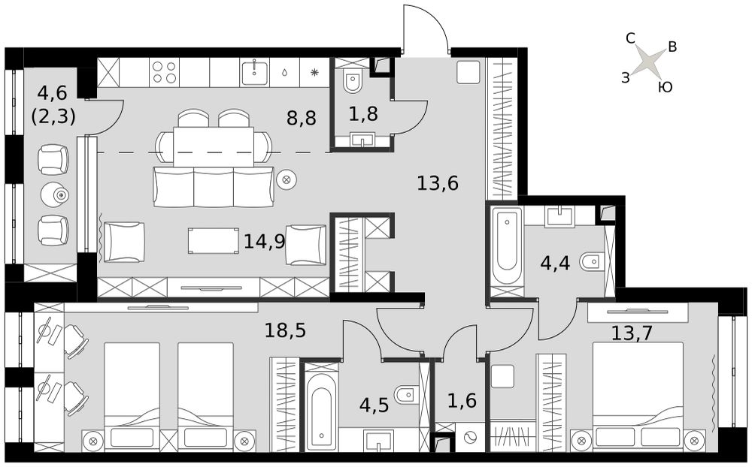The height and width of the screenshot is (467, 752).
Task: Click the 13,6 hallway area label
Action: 438,183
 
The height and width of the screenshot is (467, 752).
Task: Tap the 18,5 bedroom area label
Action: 285,330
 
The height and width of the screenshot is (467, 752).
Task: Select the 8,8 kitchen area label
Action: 302,117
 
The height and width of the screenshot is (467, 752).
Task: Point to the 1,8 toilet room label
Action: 363,114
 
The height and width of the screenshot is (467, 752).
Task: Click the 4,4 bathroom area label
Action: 556,263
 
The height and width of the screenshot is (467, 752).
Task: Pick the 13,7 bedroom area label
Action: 632,333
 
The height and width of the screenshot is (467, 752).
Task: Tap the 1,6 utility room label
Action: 462,400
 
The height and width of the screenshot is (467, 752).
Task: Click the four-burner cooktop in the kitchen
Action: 165,72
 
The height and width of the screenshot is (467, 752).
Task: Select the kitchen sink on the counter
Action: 254,72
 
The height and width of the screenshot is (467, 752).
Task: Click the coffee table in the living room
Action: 214,240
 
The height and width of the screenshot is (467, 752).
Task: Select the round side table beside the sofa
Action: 287,180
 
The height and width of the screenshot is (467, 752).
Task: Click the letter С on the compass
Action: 631,38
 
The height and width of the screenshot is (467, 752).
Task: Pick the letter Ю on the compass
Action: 666,86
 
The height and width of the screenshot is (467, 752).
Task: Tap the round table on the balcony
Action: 55,194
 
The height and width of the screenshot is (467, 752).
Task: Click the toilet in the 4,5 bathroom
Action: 405,394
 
